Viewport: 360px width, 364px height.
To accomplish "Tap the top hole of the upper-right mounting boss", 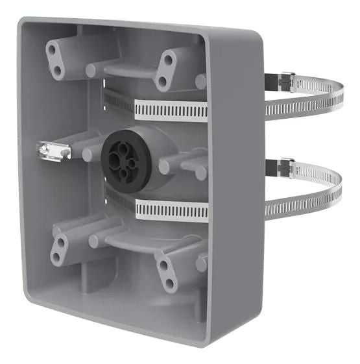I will (168, 60).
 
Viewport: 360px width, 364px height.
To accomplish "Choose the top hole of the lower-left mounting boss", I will (62, 242).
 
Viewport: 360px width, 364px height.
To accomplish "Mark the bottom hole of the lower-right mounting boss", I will (169, 283).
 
